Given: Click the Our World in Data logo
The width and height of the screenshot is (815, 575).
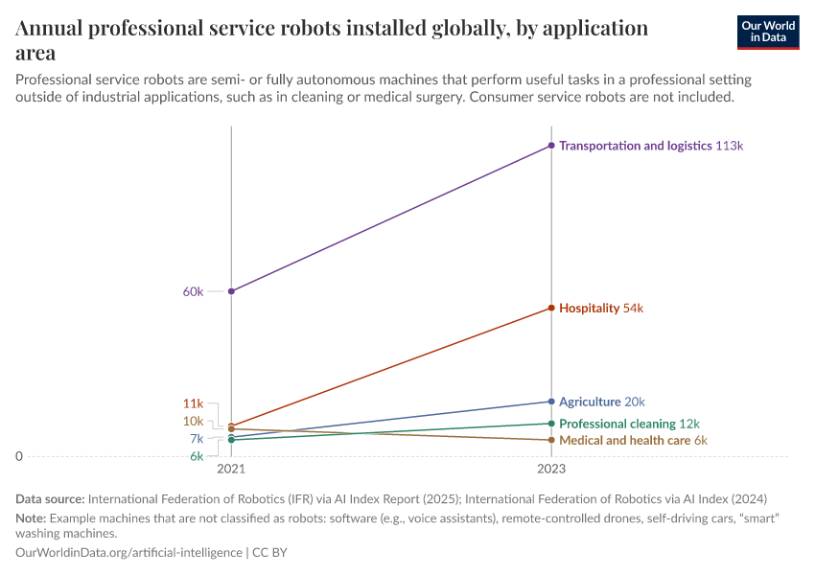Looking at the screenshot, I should click(767, 32).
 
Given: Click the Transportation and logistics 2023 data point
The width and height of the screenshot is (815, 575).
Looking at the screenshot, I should click(551, 146).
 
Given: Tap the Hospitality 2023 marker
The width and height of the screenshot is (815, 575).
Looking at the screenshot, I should click(551, 308).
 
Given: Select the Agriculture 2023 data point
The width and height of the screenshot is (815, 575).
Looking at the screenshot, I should click(551, 402).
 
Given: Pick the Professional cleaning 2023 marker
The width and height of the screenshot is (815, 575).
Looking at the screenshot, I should click(551, 424).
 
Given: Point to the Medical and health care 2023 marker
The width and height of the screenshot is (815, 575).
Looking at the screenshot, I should click(551, 440).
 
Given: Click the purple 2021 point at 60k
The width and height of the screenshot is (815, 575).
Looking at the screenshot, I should click(231, 290).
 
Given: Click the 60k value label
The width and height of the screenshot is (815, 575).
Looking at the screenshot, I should click(193, 291).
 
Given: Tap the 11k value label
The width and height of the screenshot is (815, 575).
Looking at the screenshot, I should click(193, 403).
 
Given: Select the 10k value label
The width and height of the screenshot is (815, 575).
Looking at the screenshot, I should click(193, 422).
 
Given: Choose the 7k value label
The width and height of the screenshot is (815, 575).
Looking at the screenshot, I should click(197, 439).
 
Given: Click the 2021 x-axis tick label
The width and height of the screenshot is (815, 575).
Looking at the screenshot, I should click(231, 470).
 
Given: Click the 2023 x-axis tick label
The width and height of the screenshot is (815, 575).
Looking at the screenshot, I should click(551, 470).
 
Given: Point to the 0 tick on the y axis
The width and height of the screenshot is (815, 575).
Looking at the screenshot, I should click(19, 456).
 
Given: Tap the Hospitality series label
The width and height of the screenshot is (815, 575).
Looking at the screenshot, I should click(590, 309).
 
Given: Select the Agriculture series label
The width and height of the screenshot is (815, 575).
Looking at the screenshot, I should click(590, 402).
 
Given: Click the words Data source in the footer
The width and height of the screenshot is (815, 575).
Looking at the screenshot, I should click(50, 498).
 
